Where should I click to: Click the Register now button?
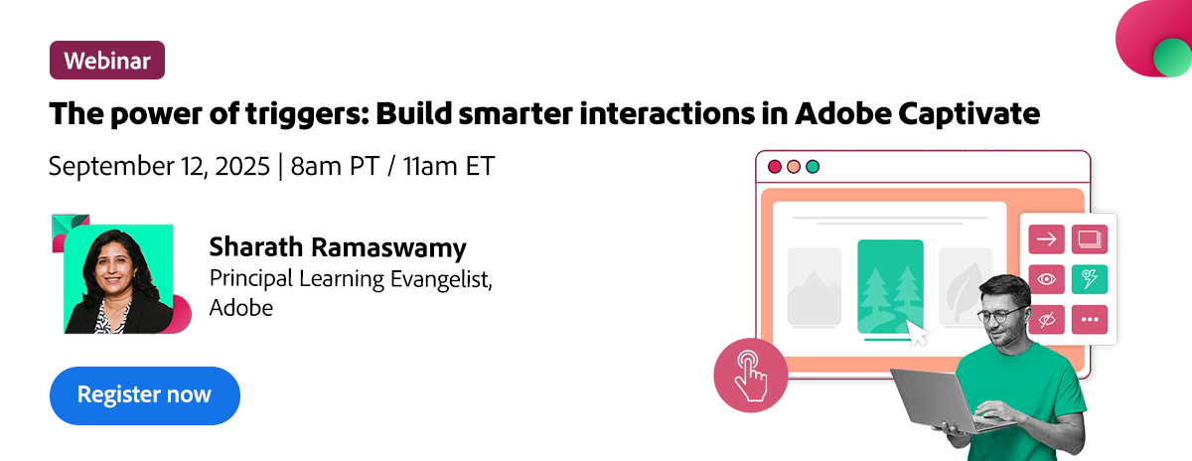tap(145, 395)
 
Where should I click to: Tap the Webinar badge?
tap(107, 61)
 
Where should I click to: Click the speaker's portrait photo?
tap(118, 279)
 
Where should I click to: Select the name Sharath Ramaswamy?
tap(338, 247)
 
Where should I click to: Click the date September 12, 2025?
tap(159, 166)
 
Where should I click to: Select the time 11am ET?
tap(449, 166)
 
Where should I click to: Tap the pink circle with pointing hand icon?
tap(751, 376)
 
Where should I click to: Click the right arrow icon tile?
tap(1046, 239)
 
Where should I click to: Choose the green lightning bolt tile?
tap(1090, 279)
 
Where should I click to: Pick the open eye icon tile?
tap(1046, 279)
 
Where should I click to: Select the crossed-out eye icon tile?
tap(1046, 319)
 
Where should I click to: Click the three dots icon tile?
tap(1090, 319)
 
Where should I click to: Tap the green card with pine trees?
tap(890, 287)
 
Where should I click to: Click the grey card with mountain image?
tap(815, 286)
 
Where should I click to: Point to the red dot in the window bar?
tap(775, 167)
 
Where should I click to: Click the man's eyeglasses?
tap(1000, 314)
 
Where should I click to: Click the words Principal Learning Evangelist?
tap(350, 279)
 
